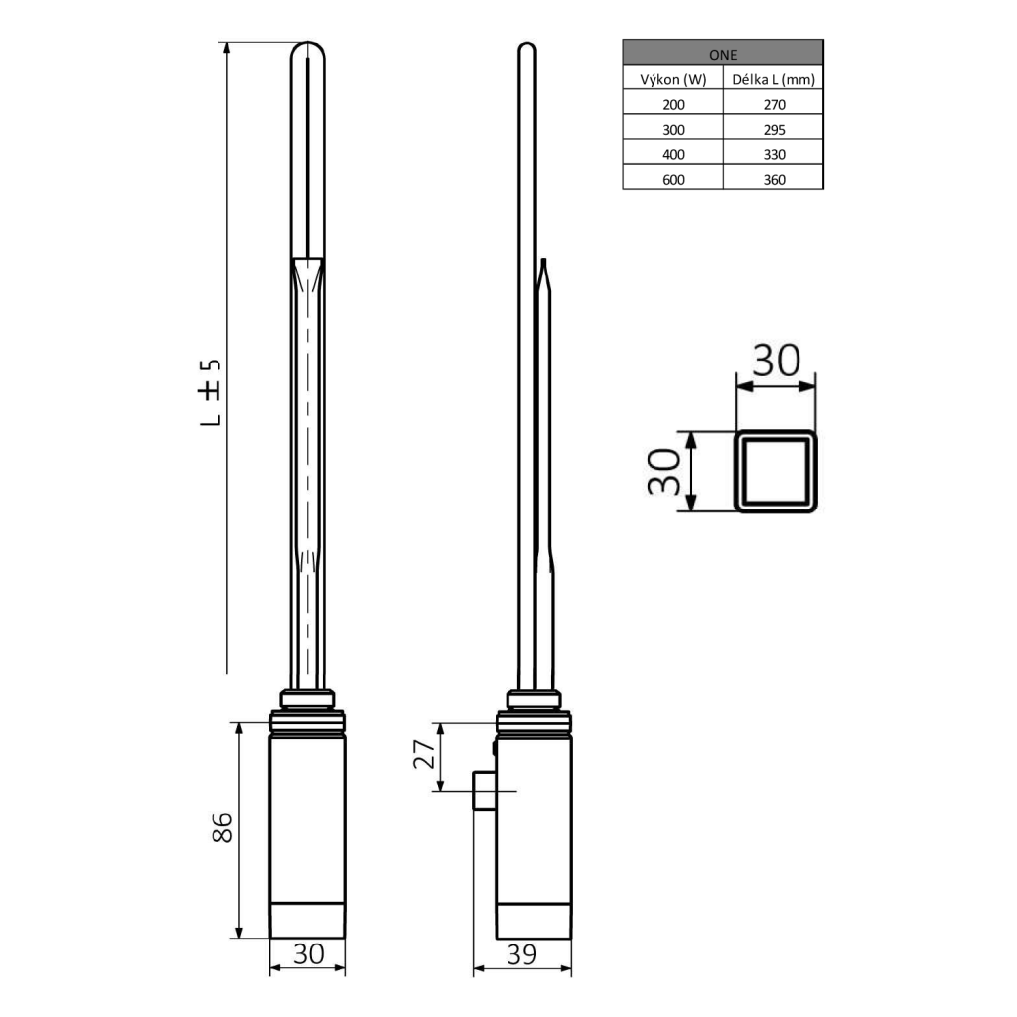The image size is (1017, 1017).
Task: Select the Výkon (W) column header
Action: (x=672, y=78)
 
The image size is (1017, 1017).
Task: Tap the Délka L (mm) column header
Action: (x=773, y=78)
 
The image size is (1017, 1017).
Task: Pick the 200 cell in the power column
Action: (x=672, y=103)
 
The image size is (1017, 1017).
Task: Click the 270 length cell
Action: (x=773, y=103)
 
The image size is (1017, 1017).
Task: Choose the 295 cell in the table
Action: (x=773, y=128)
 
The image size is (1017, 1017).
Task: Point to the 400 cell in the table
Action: (x=672, y=153)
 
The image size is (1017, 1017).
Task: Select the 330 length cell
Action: (x=773, y=153)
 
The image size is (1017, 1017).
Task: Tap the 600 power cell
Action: (x=672, y=179)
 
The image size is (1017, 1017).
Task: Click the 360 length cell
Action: (x=773, y=179)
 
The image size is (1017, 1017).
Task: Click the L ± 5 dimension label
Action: (x=210, y=391)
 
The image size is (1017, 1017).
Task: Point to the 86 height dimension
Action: (x=223, y=828)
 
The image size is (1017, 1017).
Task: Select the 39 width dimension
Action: (x=521, y=954)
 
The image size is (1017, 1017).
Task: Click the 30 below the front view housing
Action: (x=308, y=954)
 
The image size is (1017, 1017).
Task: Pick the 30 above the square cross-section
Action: (x=775, y=360)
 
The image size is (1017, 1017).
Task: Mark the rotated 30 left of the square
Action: (x=663, y=472)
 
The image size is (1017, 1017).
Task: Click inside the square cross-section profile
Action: (x=776, y=472)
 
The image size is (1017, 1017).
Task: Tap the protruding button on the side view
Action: (x=483, y=792)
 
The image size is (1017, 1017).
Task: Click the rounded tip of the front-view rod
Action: (x=308, y=50)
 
